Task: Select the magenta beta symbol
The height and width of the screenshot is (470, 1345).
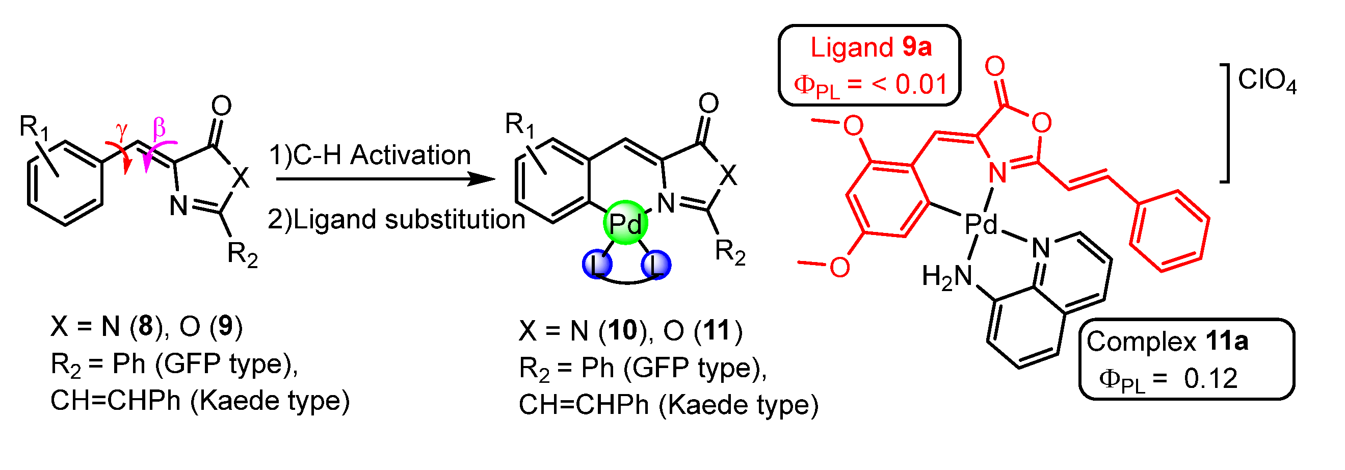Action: click(159, 127)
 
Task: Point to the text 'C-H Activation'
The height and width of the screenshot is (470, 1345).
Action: click(381, 155)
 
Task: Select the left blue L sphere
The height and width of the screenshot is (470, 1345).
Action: click(597, 264)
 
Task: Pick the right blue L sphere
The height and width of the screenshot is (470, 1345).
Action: click(656, 264)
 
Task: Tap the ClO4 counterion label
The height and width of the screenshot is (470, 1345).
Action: click(1266, 82)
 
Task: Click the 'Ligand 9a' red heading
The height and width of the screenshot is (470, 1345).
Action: click(871, 47)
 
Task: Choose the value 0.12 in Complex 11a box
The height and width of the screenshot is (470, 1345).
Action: click(1210, 379)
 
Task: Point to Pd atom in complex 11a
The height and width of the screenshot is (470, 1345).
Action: click(980, 225)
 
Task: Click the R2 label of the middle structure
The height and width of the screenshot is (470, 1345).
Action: click(729, 253)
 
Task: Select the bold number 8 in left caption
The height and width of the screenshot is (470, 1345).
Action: click(145, 326)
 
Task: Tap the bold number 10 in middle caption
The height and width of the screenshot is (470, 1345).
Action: click(622, 330)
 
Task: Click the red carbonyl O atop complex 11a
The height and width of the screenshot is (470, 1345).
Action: click(995, 66)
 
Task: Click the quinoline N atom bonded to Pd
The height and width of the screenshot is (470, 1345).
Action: click(1041, 247)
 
